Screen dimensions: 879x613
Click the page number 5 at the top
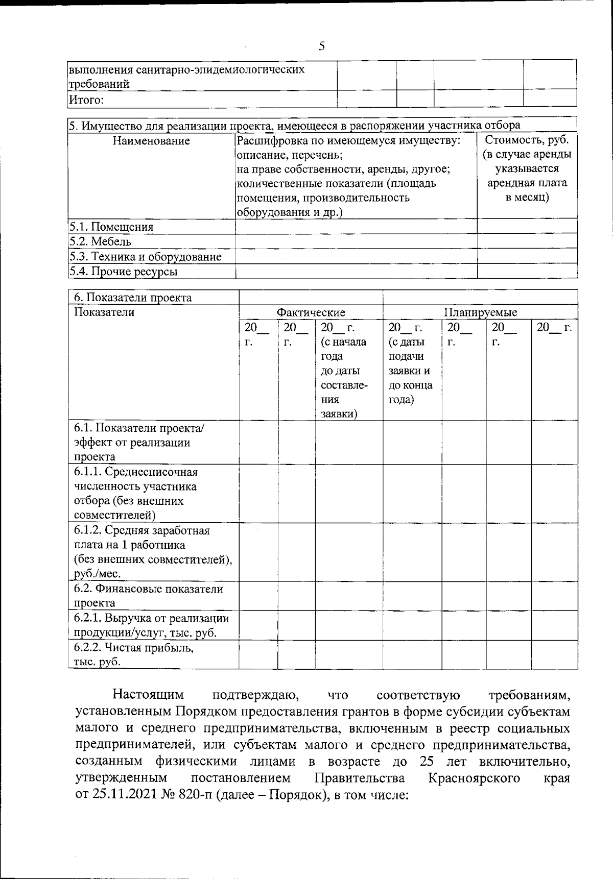tap(321, 46)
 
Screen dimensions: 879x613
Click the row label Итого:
tap(86, 100)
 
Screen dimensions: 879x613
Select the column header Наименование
tap(151, 141)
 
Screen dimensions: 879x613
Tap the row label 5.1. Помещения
tap(111, 227)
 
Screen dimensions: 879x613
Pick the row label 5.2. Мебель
tap(100, 241)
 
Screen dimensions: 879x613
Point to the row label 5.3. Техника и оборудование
tap(146, 256)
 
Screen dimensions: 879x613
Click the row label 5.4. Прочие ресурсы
tap(123, 272)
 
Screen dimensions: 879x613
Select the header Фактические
tap(311, 312)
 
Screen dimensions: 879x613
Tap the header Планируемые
tap(480, 312)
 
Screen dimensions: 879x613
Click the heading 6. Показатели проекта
tap(133, 298)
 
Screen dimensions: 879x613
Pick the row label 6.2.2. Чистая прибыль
tap(134, 648)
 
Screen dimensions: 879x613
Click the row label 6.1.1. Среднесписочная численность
tap(135, 472)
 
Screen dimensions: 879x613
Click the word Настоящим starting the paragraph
tap(148, 695)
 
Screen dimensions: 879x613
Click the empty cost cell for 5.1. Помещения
tap(527, 227)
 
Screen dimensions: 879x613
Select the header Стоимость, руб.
tap(527, 140)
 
